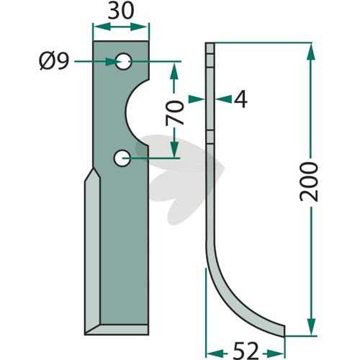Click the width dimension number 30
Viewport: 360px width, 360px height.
click(x=120, y=12)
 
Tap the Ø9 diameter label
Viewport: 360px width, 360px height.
click(x=54, y=61)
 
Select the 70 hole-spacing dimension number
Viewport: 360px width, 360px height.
click(x=175, y=113)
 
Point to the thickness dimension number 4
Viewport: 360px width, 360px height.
click(x=240, y=99)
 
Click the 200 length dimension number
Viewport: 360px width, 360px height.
click(x=309, y=181)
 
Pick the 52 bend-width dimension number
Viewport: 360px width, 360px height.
click(x=246, y=351)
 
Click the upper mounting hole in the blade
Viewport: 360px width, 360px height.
click(x=123, y=61)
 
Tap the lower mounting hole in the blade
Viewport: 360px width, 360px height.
click(x=122, y=158)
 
